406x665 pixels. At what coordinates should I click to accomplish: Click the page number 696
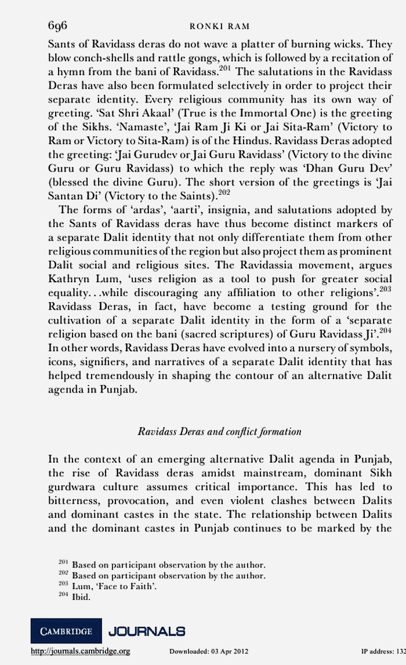58,26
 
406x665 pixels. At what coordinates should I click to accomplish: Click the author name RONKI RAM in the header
220,27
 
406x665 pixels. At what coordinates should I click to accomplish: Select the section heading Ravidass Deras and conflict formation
219,431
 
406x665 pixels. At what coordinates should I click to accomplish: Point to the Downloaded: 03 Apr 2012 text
208,652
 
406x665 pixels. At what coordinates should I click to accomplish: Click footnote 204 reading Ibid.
72,597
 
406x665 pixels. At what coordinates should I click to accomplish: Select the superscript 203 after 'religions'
385,287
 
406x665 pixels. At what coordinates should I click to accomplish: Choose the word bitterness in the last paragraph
74,500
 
